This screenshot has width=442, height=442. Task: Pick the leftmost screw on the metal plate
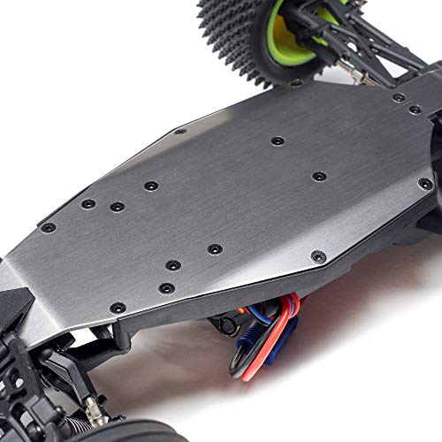[x=48, y=227]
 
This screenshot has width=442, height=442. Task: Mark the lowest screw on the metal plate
[x=117, y=307]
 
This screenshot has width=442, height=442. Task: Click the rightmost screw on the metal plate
[x=424, y=184]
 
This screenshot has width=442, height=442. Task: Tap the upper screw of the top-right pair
[x=399, y=97]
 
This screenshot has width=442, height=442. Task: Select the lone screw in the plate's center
[x=278, y=141]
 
